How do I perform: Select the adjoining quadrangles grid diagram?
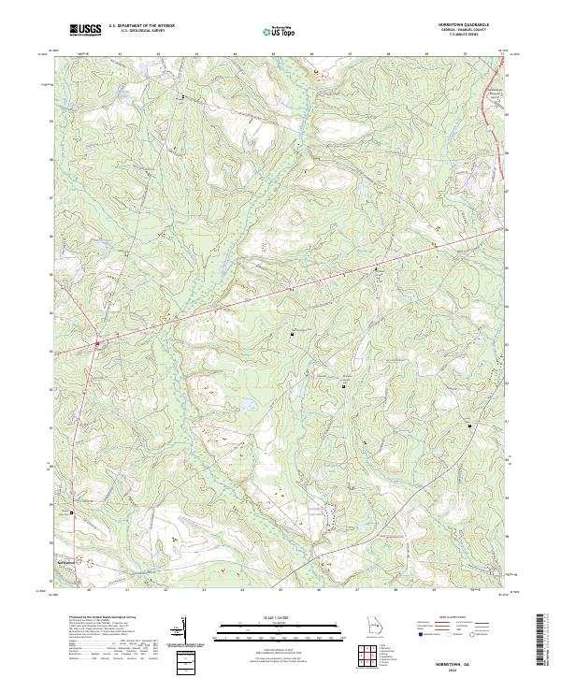click(x=373, y=656)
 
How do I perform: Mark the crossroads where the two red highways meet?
click(x=96, y=344)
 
